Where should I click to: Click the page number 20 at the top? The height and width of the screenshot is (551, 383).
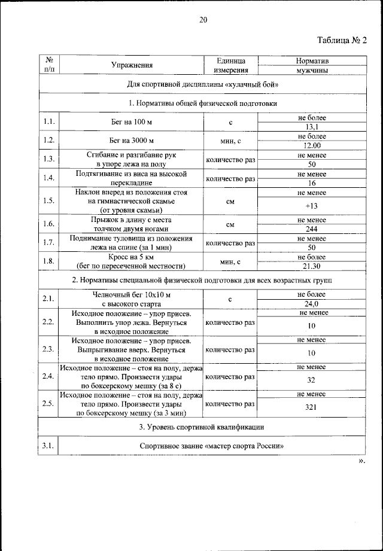pyautogui.click(x=203, y=20)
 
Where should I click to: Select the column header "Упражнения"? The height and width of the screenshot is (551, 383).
pyautogui.click(x=132, y=65)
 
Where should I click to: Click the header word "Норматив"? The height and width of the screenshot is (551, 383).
pyautogui.click(x=311, y=61)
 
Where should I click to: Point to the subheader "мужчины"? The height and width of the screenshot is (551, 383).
pyautogui.click(x=311, y=70)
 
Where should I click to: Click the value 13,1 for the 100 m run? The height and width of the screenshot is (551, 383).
pyautogui.click(x=311, y=127)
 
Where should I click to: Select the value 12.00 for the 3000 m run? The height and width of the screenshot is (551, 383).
pyautogui.click(x=311, y=145)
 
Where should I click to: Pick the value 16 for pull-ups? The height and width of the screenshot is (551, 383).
pyautogui.click(x=311, y=182)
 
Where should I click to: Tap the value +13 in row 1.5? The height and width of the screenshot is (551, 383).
pyautogui.click(x=311, y=206)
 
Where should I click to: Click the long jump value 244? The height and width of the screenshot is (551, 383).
pyautogui.click(x=311, y=229)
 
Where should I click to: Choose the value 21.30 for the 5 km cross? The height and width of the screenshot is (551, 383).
pyautogui.click(x=311, y=266)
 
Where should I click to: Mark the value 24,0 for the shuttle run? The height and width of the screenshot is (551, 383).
pyautogui.click(x=311, y=303)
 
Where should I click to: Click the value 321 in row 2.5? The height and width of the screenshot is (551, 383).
pyautogui.click(x=311, y=407)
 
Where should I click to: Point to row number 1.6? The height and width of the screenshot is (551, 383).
pyautogui.click(x=49, y=224)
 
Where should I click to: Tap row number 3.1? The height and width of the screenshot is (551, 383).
pyautogui.click(x=49, y=446)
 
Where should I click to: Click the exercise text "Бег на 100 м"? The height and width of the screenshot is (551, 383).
pyautogui.click(x=132, y=122)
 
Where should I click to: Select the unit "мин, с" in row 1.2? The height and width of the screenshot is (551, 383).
pyautogui.click(x=230, y=141)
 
